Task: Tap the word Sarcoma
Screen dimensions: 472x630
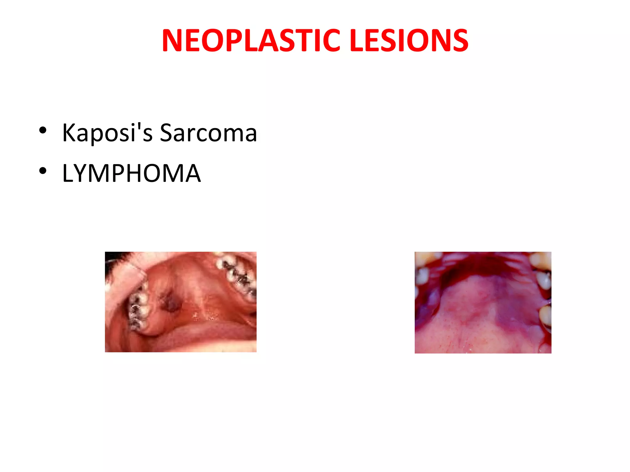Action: pos(208,133)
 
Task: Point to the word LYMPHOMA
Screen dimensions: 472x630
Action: pos(131,173)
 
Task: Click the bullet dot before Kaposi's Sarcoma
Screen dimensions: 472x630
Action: pos(43,130)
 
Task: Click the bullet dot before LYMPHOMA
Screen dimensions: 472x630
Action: pos(43,171)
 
